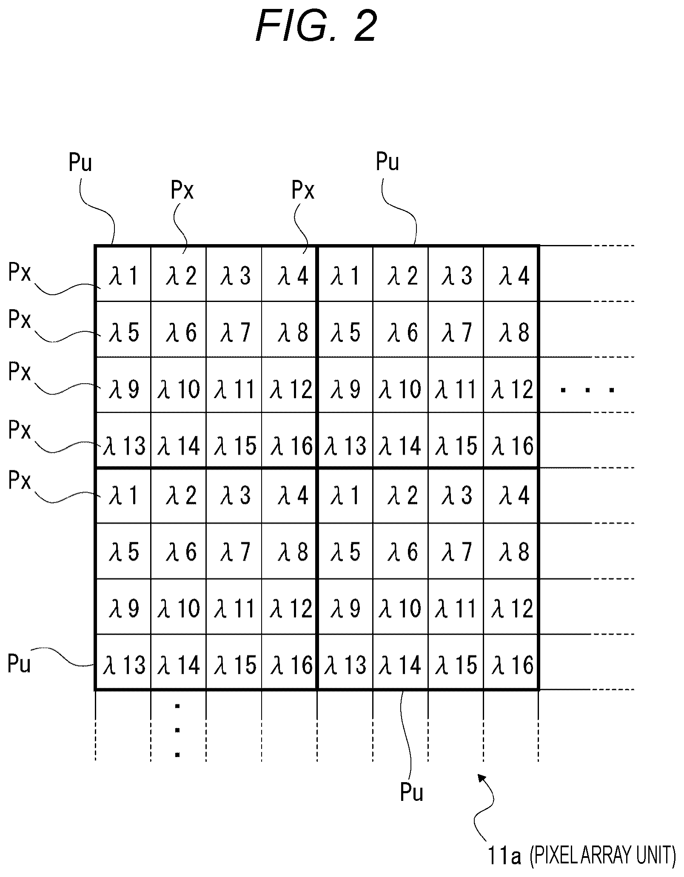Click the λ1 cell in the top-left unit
123,274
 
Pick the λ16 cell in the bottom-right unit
511,662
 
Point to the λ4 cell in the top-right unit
511,274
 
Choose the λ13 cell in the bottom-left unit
123,662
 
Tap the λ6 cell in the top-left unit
179,329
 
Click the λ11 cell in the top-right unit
456,384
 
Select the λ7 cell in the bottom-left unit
234,551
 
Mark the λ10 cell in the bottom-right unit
400,606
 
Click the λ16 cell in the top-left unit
289,440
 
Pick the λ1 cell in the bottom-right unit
345,495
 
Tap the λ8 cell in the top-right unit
511,329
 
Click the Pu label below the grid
412,792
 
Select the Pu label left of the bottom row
19,663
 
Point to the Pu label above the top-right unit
388,162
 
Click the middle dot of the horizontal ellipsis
587,390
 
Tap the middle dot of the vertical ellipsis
177,730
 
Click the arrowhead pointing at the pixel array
482,778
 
